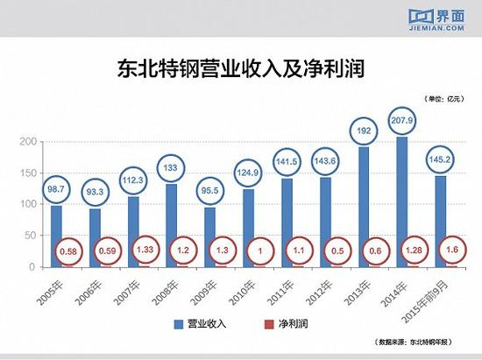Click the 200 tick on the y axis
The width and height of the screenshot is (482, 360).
point(30,142)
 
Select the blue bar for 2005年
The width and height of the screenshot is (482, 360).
point(56,235)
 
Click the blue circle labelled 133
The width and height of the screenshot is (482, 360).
point(172,168)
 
